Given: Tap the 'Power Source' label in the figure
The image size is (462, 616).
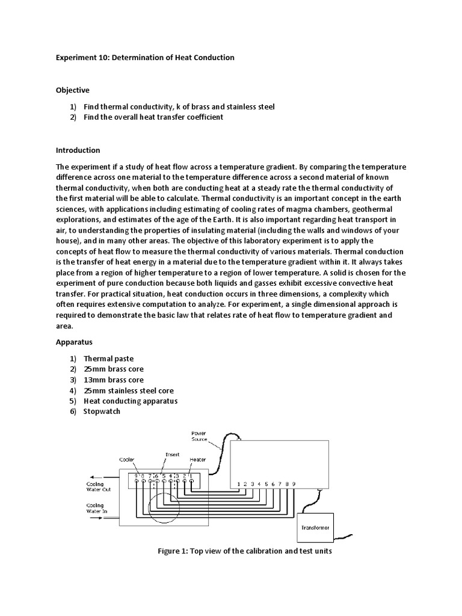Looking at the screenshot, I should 199,436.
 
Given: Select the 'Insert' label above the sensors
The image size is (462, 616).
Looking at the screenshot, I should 171,454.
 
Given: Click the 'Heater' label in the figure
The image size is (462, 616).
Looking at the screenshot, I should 197,460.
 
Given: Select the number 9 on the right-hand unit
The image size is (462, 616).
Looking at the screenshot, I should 293,483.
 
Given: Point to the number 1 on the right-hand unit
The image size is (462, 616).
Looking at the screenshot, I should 239,483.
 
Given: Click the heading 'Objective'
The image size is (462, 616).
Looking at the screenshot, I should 72,90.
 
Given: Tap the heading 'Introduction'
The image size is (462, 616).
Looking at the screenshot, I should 78,150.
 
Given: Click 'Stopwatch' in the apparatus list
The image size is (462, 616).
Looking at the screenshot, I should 102,411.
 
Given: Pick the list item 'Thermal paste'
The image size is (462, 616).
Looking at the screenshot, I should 108,357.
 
